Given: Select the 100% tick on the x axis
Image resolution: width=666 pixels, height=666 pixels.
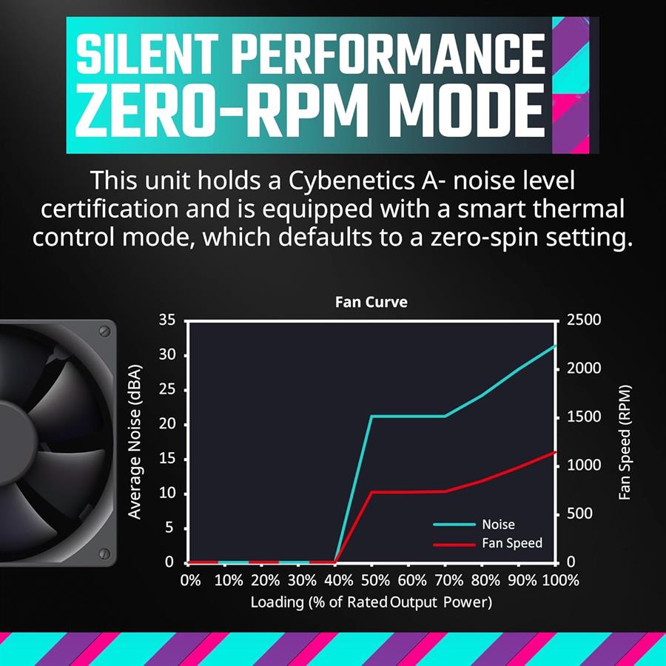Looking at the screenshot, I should point(559,581).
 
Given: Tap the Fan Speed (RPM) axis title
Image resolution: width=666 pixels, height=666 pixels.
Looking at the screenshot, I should point(625,442).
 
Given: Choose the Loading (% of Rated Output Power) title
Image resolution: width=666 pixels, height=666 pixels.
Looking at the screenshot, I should point(371,602).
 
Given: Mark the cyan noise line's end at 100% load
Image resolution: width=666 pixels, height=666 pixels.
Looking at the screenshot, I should point(556,346).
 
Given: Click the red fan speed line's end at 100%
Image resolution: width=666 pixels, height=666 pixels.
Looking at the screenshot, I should point(556,452).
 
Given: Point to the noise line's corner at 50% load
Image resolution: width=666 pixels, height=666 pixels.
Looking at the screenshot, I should point(371,416).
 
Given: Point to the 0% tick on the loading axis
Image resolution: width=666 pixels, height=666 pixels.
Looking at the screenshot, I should point(190,581).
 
